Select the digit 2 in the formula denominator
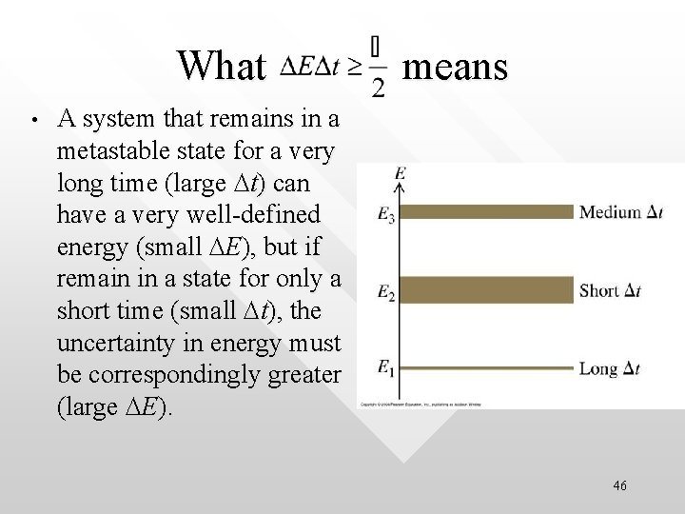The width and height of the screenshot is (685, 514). (379, 88)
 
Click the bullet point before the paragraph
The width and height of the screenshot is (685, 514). (32, 122)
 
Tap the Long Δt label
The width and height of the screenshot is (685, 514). (621, 368)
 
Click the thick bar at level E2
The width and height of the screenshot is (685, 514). (485, 288)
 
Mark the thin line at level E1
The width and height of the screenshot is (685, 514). (485, 366)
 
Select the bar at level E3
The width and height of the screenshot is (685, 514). (485, 211)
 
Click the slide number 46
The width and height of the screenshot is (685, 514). (620, 485)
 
